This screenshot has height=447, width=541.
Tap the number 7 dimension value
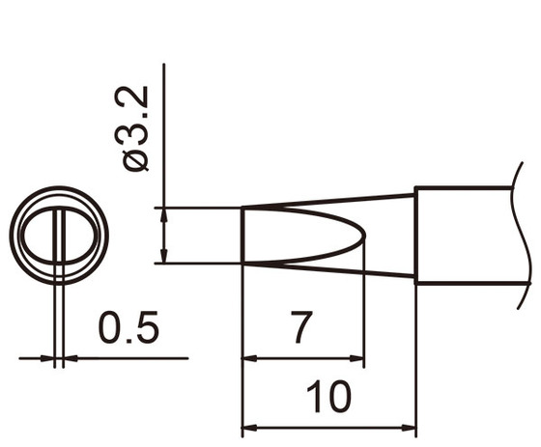tap(301, 329)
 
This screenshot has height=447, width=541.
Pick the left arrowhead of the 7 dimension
tap(247, 359)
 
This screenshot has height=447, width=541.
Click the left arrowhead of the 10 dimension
tap(247, 428)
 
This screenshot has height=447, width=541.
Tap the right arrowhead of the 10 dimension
tap(410, 428)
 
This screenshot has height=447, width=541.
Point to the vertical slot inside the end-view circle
tap(59, 236)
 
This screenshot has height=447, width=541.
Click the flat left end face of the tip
tap(241, 235)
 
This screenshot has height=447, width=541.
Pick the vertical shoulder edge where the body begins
tap(415, 235)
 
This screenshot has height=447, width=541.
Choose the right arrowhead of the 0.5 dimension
tap(68, 359)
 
